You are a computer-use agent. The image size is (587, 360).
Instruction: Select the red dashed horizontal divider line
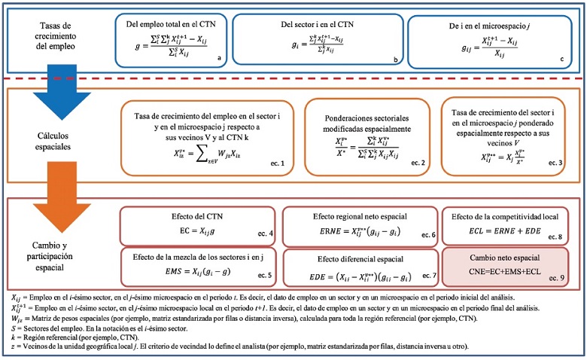293,79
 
